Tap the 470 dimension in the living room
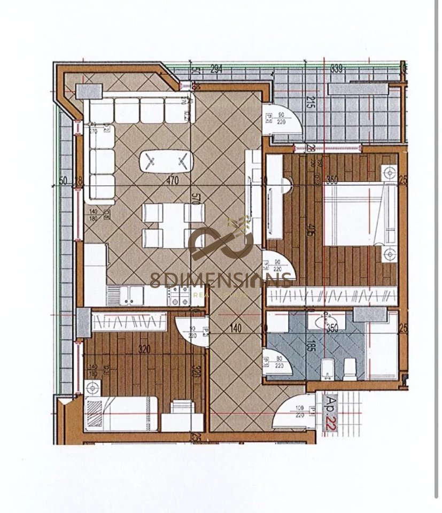click(172, 181)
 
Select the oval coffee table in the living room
click(166, 160)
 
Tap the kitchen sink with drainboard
click(125, 296)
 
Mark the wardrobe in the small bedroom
click(130, 322)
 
